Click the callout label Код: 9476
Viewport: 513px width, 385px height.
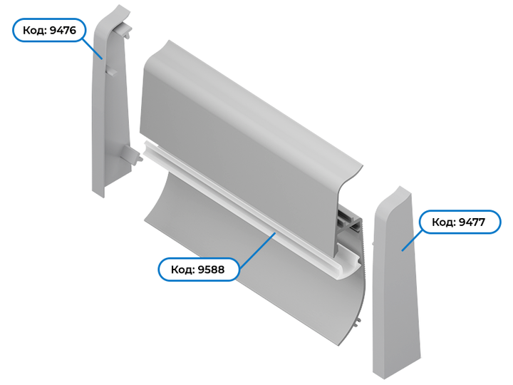click(x=49, y=30)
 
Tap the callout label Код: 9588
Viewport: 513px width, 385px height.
click(x=198, y=269)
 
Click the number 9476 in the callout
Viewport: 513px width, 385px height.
click(x=63, y=30)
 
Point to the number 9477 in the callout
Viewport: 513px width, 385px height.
click(x=472, y=222)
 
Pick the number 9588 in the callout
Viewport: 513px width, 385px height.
click(x=212, y=269)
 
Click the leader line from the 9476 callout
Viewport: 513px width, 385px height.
click(x=92, y=49)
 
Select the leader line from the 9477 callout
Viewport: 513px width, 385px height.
click(x=413, y=242)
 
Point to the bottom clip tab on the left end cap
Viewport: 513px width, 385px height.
click(x=132, y=155)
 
